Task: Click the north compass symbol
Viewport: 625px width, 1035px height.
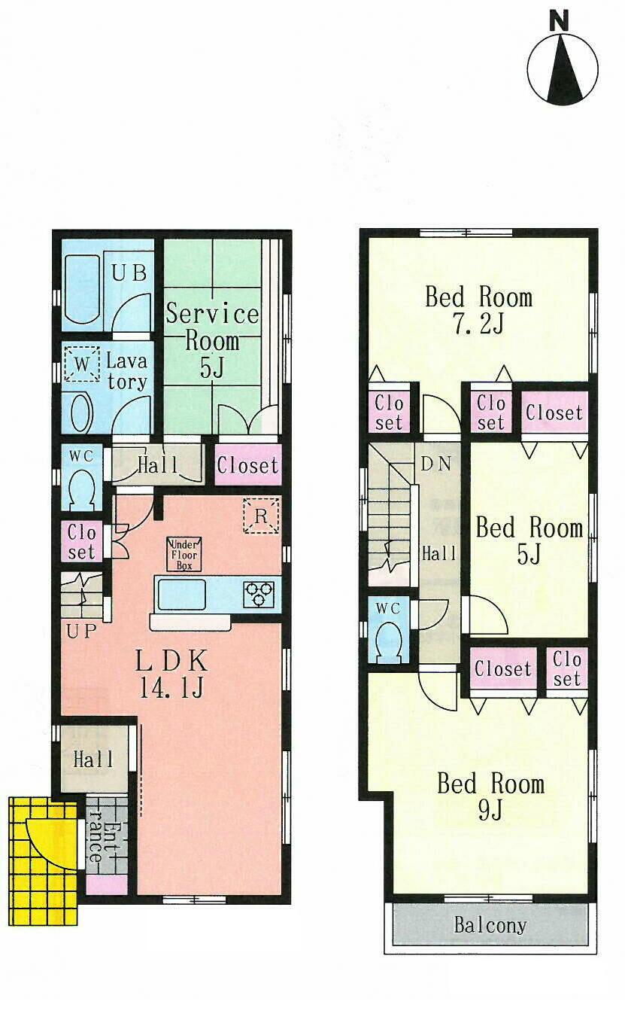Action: tap(562, 68)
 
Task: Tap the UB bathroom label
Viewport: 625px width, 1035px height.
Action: tap(129, 272)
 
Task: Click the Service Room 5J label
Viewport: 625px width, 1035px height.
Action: tap(212, 339)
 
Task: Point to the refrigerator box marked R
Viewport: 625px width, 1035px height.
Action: tap(261, 516)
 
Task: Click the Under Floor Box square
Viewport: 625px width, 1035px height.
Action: tap(184, 554)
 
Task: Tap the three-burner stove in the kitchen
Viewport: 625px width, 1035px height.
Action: tap(259, 594)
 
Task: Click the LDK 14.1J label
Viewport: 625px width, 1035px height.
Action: tap(171, 674)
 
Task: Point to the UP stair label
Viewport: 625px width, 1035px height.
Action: tap(82, 632)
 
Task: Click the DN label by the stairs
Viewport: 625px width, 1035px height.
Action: tap(435, 464)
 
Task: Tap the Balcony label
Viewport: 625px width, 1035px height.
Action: tap(490, 925)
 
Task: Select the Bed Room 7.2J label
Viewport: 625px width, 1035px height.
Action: tap(478, 309)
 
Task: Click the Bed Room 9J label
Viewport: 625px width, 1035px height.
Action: tap(490, 796)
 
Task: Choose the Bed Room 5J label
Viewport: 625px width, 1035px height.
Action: tap(529, 540)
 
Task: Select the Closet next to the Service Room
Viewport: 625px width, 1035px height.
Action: tap(247, 466)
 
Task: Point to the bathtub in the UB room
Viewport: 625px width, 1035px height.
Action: tap(81, 290)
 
